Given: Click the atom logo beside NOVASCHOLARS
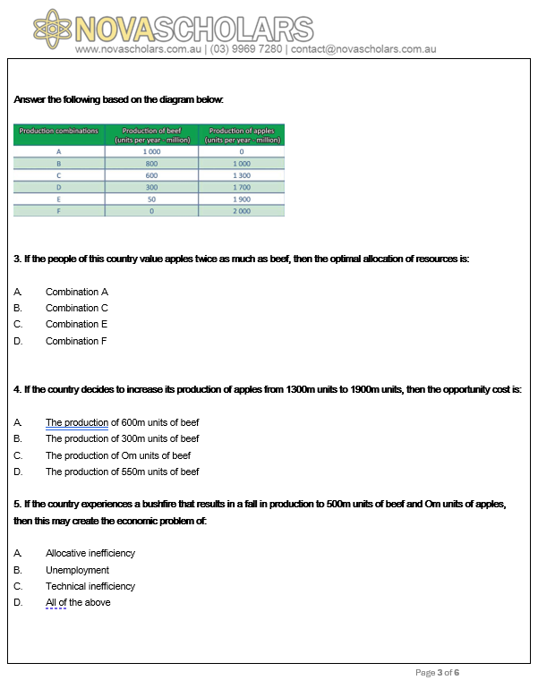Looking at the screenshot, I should tap(51, 28).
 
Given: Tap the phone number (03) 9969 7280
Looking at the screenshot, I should tap(245, 48).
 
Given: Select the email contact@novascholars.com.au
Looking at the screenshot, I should tap(363, 48).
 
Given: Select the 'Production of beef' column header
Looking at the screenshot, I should tap(151, 135).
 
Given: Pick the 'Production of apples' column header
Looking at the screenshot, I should tap(242, 135).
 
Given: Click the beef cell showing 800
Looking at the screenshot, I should tap(151, 164).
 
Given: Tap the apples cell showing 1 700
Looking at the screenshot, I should tap(242, 187).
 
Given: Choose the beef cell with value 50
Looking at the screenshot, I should tap(151, 200).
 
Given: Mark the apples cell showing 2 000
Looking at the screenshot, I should tap(242, 211).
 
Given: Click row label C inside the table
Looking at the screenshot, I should tap(58, 175).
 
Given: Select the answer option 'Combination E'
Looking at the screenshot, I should tap(77, 324).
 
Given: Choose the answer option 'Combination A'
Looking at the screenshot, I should tap(77, 292).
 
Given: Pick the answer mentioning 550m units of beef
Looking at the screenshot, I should tap(123, 472).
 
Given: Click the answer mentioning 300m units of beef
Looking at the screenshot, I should tap(123, 438).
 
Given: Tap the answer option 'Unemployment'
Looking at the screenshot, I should tap(78, 570).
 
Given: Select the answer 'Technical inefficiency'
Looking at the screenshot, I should tap(90, 586).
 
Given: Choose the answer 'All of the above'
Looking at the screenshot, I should tap(79, 602).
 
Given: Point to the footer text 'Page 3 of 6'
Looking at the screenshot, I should tap(438, 672).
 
